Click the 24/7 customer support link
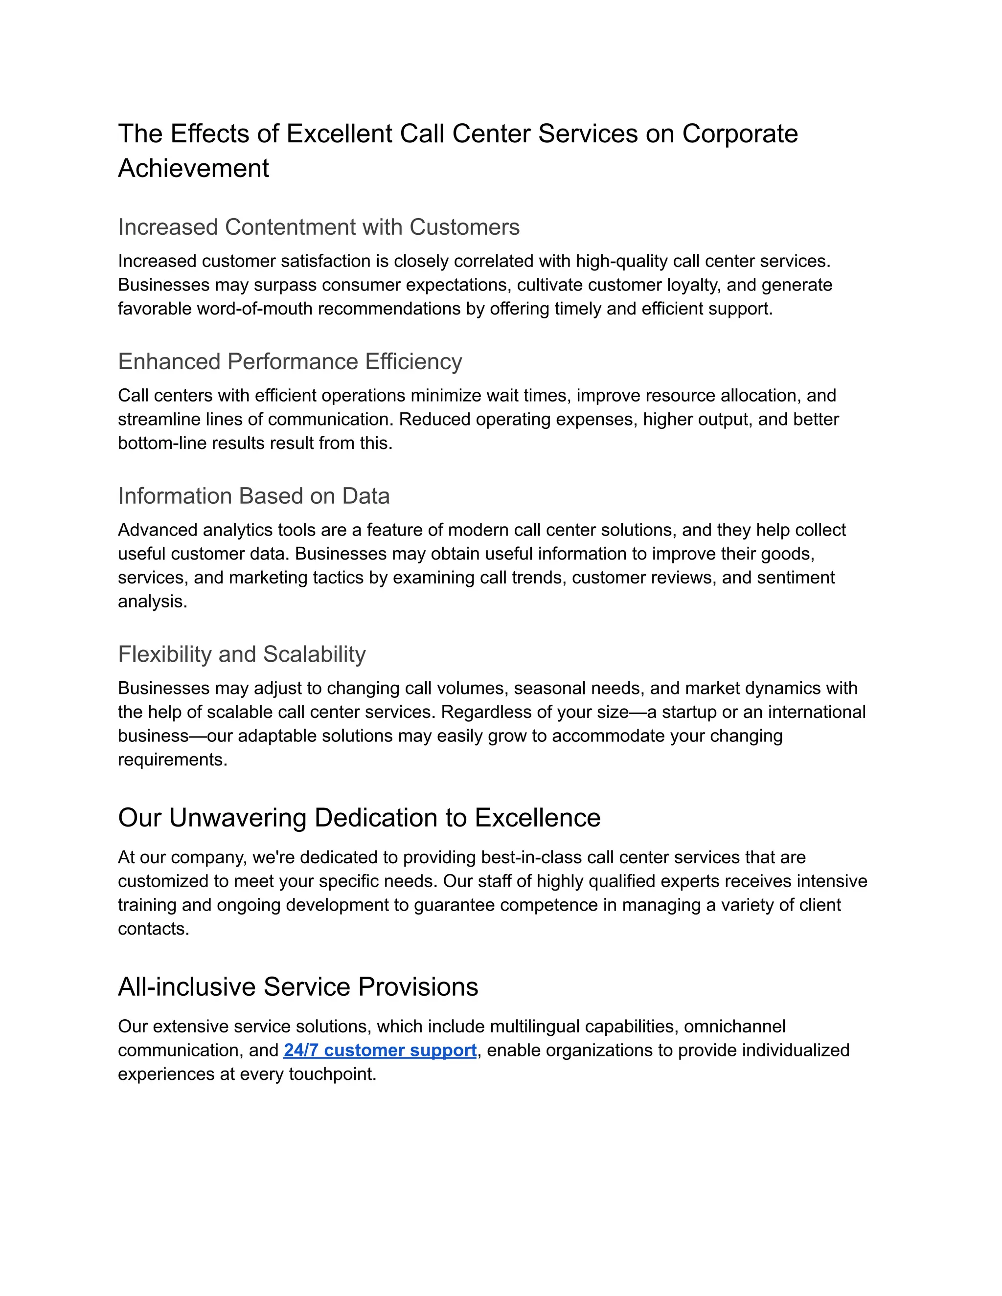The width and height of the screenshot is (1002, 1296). coord(380,1050)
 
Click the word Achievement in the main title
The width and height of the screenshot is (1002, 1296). coord(194,169)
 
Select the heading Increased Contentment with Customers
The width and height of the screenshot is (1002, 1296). coord(319,227)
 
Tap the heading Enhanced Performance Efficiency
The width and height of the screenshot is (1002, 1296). coord(290,361)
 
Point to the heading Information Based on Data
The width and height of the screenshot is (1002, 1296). coord(253,496)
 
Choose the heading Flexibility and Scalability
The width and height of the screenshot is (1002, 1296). coord(242,654)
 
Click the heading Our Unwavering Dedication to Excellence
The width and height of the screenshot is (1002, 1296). coord(359,818)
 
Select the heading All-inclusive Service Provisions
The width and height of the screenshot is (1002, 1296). coord(298,987)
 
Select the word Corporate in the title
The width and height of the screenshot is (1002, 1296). coord(740,134)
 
